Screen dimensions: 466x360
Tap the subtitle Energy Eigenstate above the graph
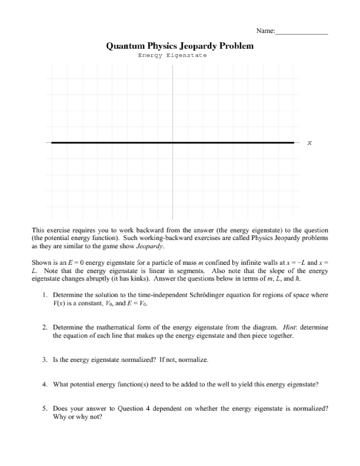[x=172, y=55]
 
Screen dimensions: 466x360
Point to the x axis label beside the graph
[x=309, y=143]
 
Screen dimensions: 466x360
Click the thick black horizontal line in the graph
[x=124, y=143]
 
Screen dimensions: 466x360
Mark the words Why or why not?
[x=77, y=417]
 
